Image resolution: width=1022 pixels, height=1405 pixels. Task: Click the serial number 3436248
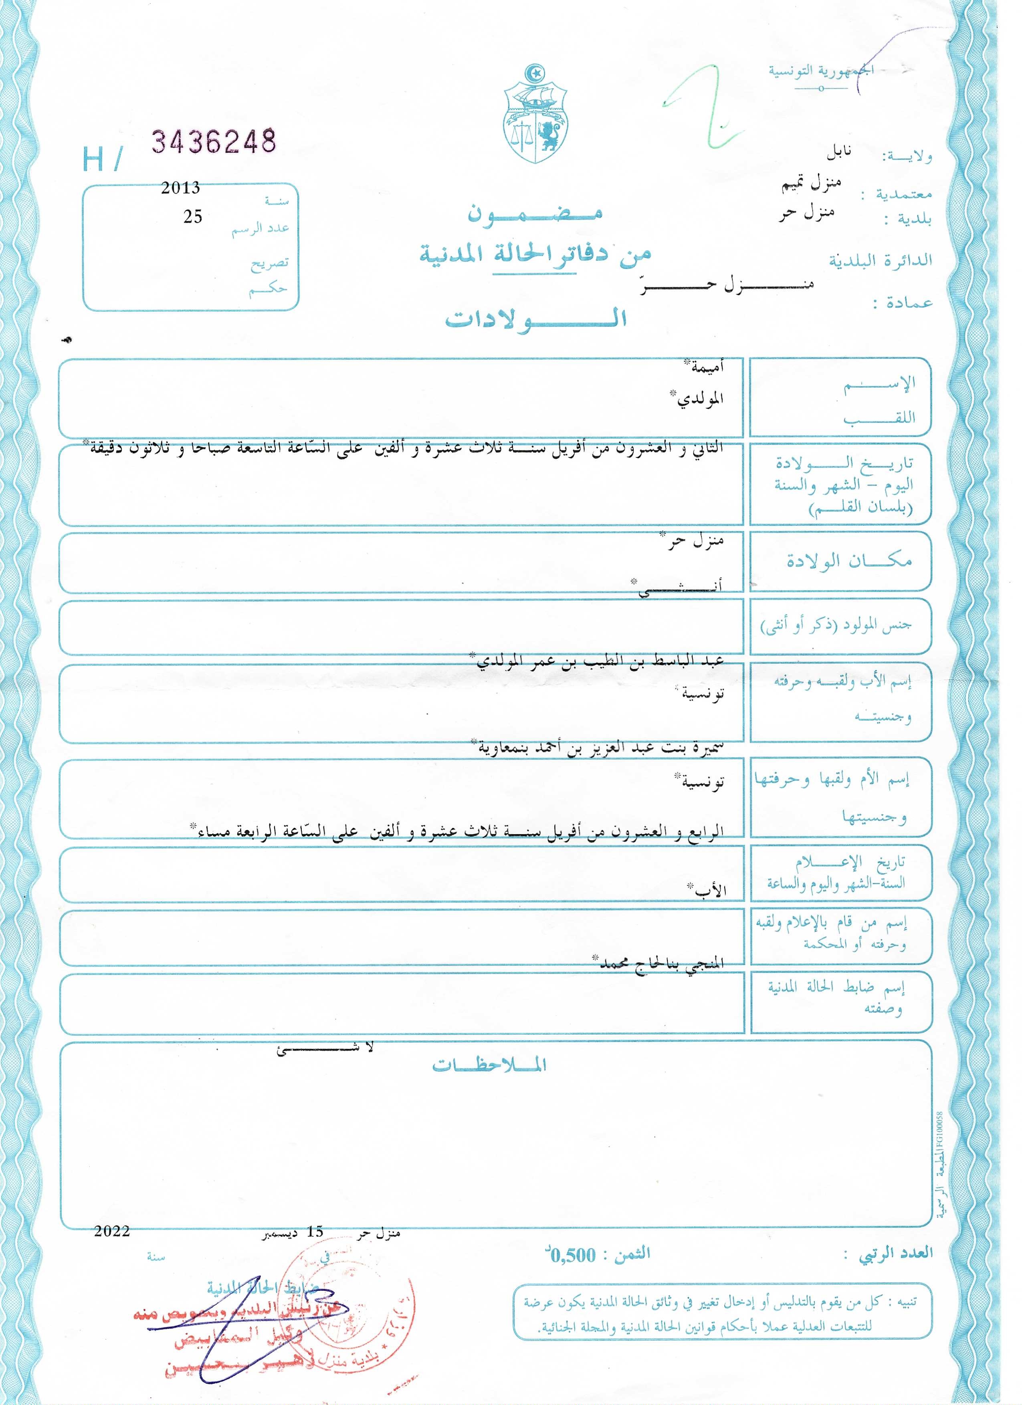point(214,142)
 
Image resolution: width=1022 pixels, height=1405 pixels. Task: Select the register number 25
point(193,216)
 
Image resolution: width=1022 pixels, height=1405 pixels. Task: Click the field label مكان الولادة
point(849,561)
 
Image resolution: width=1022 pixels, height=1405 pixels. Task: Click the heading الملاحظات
point(490,1066)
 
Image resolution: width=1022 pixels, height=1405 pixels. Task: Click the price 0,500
point(573,1256)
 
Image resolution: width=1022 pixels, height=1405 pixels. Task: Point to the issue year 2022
point(112,1231)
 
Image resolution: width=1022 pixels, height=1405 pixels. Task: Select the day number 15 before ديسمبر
point(315,1232)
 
